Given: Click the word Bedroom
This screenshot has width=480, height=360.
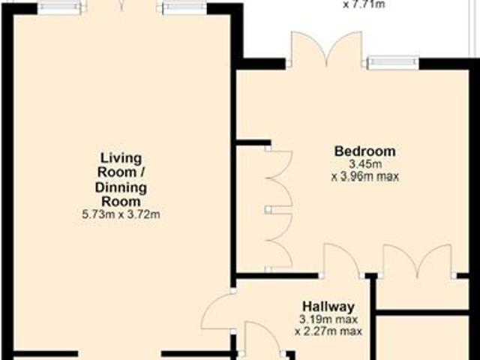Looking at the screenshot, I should pyautogui.click(x=364, y=151).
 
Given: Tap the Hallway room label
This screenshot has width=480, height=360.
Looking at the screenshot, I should pyautogui.click(x=328, y=306).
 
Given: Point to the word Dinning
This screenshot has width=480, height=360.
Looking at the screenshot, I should pyautogui.click(x=121, y=187).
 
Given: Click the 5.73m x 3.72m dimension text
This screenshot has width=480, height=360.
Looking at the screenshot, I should pyautogui.click(x=121, y=215).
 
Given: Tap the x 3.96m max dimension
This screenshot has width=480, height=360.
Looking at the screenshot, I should pyautogui.click(x=364, y=178).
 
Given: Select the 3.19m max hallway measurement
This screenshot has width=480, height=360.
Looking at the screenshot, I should pyautogui.click(x=328, y=319).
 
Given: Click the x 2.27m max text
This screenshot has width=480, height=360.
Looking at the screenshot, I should pyautogui.click(x=328, y=331).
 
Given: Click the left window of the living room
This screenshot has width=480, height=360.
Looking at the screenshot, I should pyautogui.click(x=61, y=7).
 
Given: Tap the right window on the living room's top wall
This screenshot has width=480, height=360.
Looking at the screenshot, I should pyautogui.click(x=183, y=7).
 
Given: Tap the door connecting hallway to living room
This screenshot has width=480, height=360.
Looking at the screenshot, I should pyautogui.click(x=219, y=311).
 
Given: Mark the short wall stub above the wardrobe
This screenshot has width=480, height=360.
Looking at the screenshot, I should pyautogui.click(x=253, y=142).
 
